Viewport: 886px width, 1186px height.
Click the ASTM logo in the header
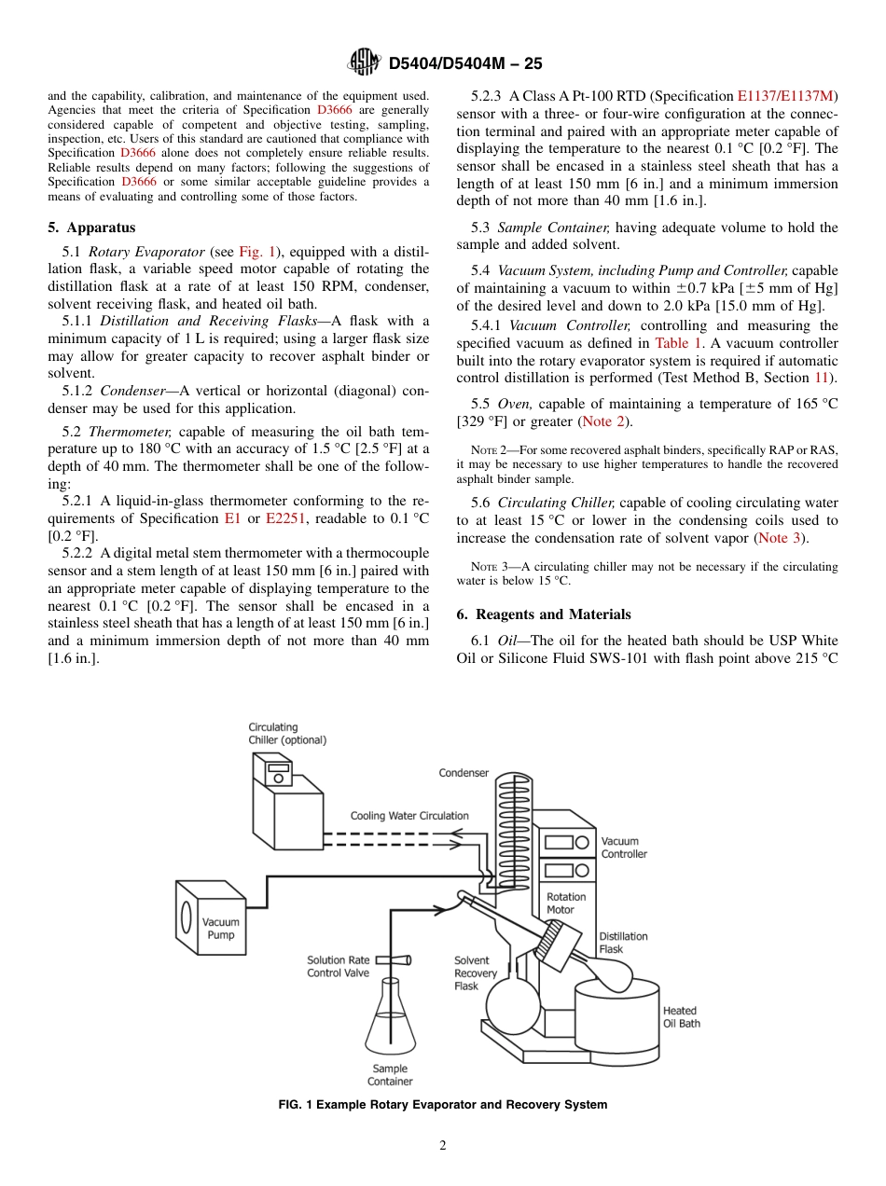(x=363, y=62)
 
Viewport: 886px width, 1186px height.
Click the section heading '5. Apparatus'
(x=91, y=228)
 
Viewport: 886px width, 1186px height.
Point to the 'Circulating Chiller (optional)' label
(x=286, y=734)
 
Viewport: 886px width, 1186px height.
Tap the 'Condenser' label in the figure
(x=464, y=773)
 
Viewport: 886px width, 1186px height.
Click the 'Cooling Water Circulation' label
(x=409, y=816)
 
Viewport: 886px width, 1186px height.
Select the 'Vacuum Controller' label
(x=623, y=848)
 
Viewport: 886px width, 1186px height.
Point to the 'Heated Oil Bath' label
(x=681, y=1017)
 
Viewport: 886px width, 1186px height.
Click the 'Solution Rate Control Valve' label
(x=338, y=966)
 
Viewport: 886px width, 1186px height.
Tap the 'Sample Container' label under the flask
(x=390, y=1075)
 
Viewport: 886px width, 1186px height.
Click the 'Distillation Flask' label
(x=623, y=943)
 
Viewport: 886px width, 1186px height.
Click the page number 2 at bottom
(x=443, y=1146)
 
